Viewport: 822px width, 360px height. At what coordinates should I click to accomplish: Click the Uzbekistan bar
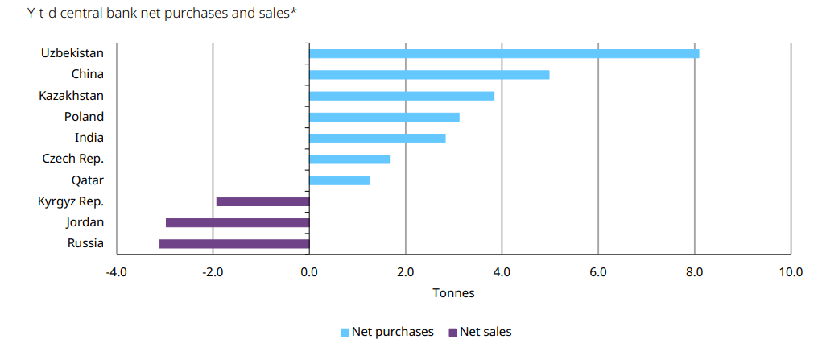click(x=504, y=53)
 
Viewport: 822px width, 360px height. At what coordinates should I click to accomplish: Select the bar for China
click(x=429, y=75)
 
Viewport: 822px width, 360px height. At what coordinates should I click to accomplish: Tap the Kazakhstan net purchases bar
click(x=402, y=96)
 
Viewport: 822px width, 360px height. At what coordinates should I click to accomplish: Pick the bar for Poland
click(x=385, y=117)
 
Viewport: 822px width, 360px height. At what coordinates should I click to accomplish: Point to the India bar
click(x=378, y=138)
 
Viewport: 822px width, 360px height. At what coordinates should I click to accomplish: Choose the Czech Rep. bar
click(x=350, y=159)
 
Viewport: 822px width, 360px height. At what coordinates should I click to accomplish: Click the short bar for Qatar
click(x=341, y=180)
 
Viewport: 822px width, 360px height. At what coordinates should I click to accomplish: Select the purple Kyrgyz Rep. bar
click(x=262, y=201)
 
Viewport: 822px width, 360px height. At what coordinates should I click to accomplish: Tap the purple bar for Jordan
click(x=238, y=223)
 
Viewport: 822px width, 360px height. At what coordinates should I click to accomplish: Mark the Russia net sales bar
click(x=234, y=244)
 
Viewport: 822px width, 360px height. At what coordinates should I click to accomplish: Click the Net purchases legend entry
click(x=387, y=332)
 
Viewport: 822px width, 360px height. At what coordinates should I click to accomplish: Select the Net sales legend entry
click(x=480, y=332)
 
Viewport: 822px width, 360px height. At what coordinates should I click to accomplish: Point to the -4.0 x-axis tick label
click(x=116, y=272)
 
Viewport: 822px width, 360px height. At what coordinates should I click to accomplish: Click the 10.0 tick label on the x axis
click(x=791, y=272)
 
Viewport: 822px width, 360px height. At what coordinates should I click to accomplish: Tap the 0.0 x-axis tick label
click(x=309, y=272)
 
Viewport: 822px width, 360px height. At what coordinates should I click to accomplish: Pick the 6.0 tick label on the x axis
click(x=598, y=272)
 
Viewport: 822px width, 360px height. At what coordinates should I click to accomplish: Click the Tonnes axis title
click(x=453, y=293)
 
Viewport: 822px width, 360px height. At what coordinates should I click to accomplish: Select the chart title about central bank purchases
click(x=162, y=14)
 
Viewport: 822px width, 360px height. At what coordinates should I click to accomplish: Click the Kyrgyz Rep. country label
click(x=71, y=201)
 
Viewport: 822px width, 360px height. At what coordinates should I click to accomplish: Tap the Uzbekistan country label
click(x=72, y=53)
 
